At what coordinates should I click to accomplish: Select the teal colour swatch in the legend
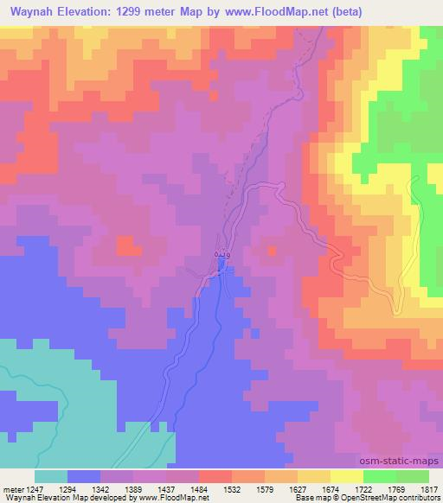tap(51, 475)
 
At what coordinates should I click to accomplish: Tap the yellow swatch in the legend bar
tap(346, 475)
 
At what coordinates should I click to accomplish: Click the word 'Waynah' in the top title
tap(30, 11)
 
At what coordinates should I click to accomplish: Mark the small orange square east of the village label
tap(271, 251)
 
